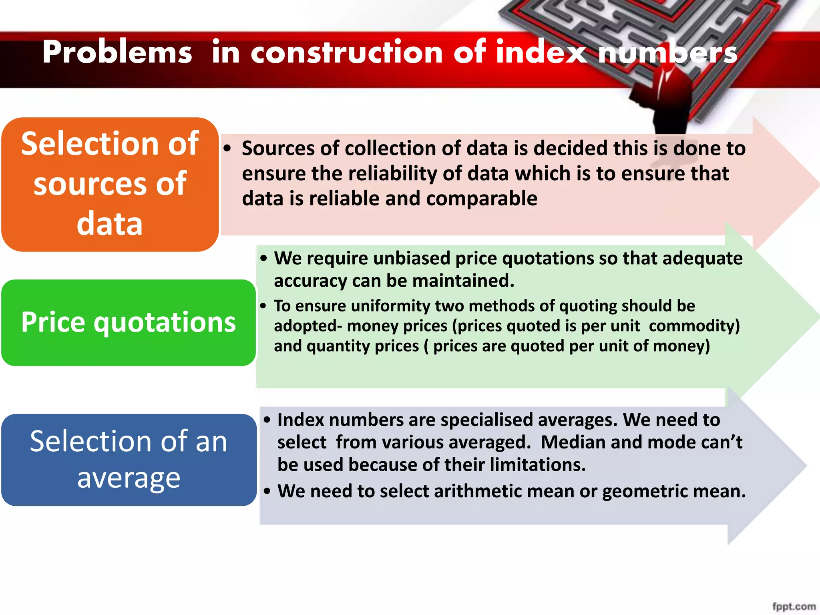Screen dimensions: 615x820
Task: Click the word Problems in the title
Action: coord(117,53)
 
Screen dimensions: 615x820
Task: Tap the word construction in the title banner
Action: coord(346,53)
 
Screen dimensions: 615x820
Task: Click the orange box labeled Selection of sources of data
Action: coord(110,184)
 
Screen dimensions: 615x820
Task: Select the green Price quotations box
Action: coord(128,322)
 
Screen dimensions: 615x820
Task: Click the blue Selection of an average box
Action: coord(128,460)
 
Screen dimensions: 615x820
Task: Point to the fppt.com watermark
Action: coord(794,606)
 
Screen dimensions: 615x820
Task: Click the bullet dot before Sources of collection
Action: coord(227,149)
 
